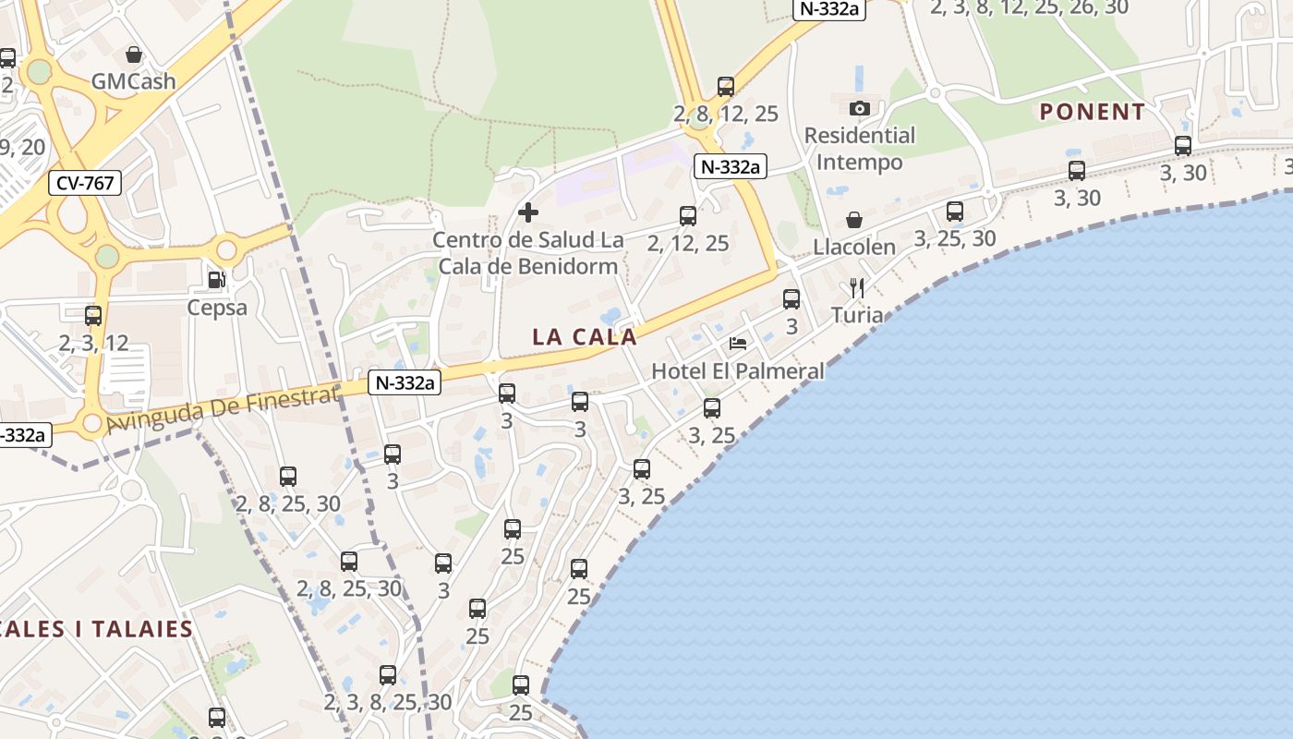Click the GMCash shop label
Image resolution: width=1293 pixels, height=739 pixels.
tap(133, 81)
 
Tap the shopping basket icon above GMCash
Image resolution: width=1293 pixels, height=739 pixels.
tap(133, 55)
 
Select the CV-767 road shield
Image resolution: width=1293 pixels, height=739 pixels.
tap(85, 183)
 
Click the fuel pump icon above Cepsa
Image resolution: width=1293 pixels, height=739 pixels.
tap(216, 279)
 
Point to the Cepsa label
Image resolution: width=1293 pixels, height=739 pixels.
tap(217, 308)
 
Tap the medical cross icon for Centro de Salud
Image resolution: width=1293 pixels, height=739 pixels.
tap(528, 213)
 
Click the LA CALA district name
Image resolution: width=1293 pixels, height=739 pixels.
tap(585, 337)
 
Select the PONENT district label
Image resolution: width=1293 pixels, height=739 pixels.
tap(1093, 113)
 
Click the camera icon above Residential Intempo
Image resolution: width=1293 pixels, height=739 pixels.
tap(860, 108)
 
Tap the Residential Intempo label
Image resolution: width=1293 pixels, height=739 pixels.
tap(860, 149)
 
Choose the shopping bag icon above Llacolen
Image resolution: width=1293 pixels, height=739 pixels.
tap(854, 220)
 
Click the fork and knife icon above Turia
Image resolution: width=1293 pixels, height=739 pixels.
tap(856, 287)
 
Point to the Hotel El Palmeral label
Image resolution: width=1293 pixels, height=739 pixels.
tap(738, 371)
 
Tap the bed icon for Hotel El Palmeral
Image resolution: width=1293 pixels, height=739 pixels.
tap(738, 344)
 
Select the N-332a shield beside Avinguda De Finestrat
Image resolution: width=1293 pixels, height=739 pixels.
tap(404, 382)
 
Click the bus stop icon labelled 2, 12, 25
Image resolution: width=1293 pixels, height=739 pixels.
tap(688, 216)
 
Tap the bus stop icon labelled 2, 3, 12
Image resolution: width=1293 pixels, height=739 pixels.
tap(93, 316)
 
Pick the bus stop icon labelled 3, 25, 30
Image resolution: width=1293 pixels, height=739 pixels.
tap(955, 212)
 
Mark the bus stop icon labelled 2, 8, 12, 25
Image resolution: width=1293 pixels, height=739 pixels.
tap(726, 87)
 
